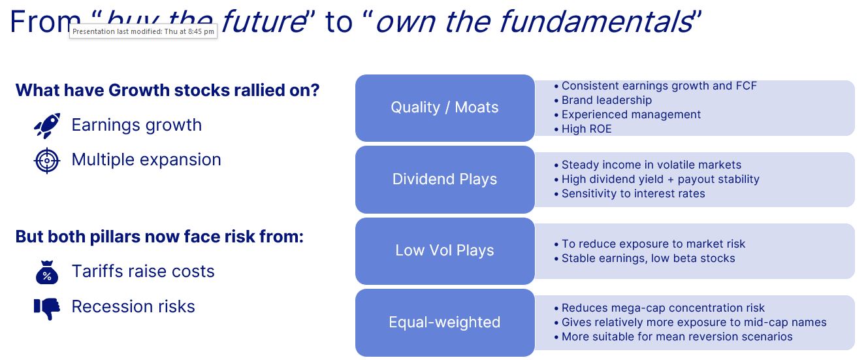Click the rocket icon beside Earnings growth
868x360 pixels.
(x=47, y=125)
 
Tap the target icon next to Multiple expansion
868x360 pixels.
(x=47, y=160)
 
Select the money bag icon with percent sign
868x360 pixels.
(x=47, y=272)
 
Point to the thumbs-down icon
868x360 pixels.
(x=47, y=308)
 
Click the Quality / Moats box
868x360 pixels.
(x=445, y=108)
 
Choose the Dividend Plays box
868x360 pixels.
(x=445, y=180)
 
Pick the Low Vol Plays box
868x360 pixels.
(x=445, y=251)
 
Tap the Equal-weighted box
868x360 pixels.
(x=445, y=323)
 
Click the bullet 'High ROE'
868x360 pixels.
(x=587, y=129)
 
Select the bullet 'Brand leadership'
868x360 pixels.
(x=606, y=101)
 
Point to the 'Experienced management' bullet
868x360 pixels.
(x=631, y=115)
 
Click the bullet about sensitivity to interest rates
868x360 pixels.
(x=633, y=193)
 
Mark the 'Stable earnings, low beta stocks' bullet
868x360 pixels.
(x=648, y=259)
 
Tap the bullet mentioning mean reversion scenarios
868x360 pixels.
(x=677, y=337)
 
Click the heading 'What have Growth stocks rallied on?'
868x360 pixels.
(x=167, y=90)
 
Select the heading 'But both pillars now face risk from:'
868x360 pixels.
(x=159, y=237)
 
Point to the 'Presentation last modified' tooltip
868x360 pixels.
(x=143, y=31)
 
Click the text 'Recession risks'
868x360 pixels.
(x=133, y=307)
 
